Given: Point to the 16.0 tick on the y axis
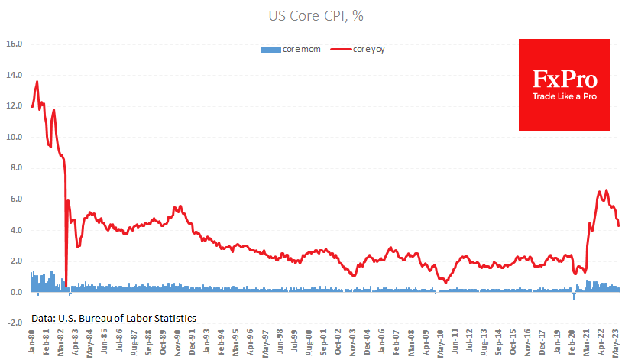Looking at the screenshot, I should (x=15, y=44).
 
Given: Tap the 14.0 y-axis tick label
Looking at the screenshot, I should (x=15, y=76).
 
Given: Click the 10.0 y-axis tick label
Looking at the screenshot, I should (x=15, y=138).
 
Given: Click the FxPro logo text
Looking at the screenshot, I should (x=565, y=79).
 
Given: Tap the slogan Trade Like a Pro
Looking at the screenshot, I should (x=565, y=97).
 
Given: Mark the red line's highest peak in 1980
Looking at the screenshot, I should (x=37, y=82).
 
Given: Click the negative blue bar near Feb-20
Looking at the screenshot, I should (x=574, y=297).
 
